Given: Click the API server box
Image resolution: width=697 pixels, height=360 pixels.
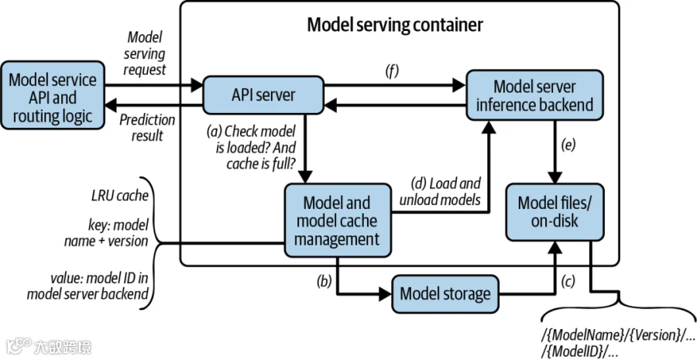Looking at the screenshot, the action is click(x=263, y=95).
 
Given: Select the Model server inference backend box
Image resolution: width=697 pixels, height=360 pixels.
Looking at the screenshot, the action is click(x=534, y=95).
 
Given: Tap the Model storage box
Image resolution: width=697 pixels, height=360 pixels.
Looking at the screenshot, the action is click(x=445, y=293).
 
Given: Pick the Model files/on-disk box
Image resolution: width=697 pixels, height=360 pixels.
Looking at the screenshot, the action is click(x=555, y=212).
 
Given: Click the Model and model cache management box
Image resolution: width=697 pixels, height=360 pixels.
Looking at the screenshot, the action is click(x=338, y=221).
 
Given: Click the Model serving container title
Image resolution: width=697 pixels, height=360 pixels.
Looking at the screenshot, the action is click(x=395, y=25).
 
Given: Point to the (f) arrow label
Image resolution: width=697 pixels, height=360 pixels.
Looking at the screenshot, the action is click(x=392, y=71).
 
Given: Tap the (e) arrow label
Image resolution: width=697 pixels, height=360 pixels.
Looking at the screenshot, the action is click(x=568, y=145).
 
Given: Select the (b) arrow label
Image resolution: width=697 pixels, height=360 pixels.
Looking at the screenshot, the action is click(x=324, y=281).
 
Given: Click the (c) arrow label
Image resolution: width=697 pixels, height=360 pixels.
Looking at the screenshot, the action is click(x=568, y=281).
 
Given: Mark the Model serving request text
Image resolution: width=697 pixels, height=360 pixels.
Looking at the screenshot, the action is click(x=145, y=53).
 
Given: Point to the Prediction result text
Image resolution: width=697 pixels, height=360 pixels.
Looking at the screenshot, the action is click(x=147, y=127).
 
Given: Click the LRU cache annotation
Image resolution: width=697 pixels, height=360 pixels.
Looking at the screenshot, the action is click(x=120, y=196).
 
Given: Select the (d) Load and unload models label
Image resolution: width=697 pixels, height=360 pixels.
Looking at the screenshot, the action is click(x=440, y=191).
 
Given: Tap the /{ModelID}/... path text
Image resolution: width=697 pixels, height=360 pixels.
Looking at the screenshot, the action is click(x=579, y=351).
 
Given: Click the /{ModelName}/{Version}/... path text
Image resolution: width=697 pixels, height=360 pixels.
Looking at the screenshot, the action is click(x=618, y=334).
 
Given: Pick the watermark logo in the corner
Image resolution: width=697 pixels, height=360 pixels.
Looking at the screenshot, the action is click(x=49, y=346).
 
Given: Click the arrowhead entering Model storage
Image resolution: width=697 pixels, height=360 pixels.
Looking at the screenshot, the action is click(x=386, y=293).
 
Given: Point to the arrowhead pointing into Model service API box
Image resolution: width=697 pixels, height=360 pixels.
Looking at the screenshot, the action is click(x=111, y=106).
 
